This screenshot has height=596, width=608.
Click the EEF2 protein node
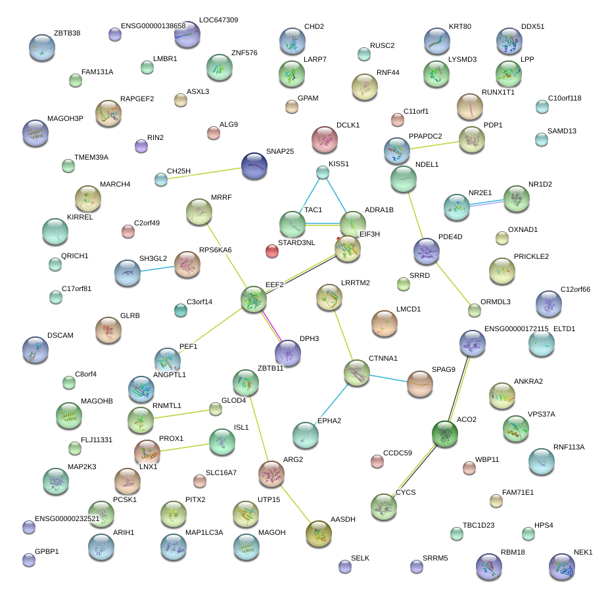click(x=254, y=299)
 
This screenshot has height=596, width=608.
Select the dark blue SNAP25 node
click(x=254, y=166)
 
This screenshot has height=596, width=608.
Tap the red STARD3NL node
click(x=272, y=250)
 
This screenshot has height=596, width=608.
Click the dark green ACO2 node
click(x=445, y=434)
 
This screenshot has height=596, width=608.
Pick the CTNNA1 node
click(x=357, y=373)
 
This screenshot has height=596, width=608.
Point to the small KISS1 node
click(x=322, y=172)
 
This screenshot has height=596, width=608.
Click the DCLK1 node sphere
click(x=324, y=139)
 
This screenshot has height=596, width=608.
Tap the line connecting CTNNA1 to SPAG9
click(x=388, y=378)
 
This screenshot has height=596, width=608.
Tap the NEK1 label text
click(x=583, y=553)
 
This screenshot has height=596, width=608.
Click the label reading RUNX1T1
click(x=498, y=92)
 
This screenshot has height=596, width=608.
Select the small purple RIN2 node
click(x=141, y=146)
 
